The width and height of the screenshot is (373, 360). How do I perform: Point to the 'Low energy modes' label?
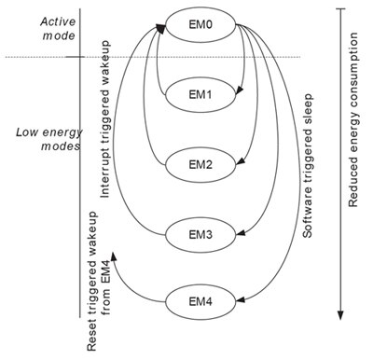[x=39, y=138]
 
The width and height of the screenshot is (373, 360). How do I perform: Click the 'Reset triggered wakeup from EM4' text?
[x=99, y=301]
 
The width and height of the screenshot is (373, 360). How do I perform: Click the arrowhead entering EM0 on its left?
[x=160, y=31]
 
